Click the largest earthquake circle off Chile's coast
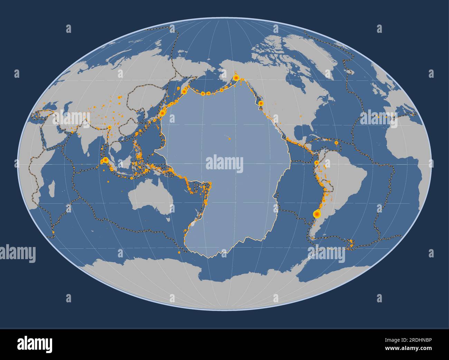pos(316,214)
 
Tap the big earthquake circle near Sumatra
pos(105,160)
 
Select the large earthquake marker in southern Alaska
pos(236,78)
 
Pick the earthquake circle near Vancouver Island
pos(261,103)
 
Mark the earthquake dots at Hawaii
pos(229,138)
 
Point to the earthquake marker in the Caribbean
pos(336,143)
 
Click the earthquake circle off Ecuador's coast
pos(316,162)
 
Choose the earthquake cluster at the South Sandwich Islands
pos(351,243)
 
